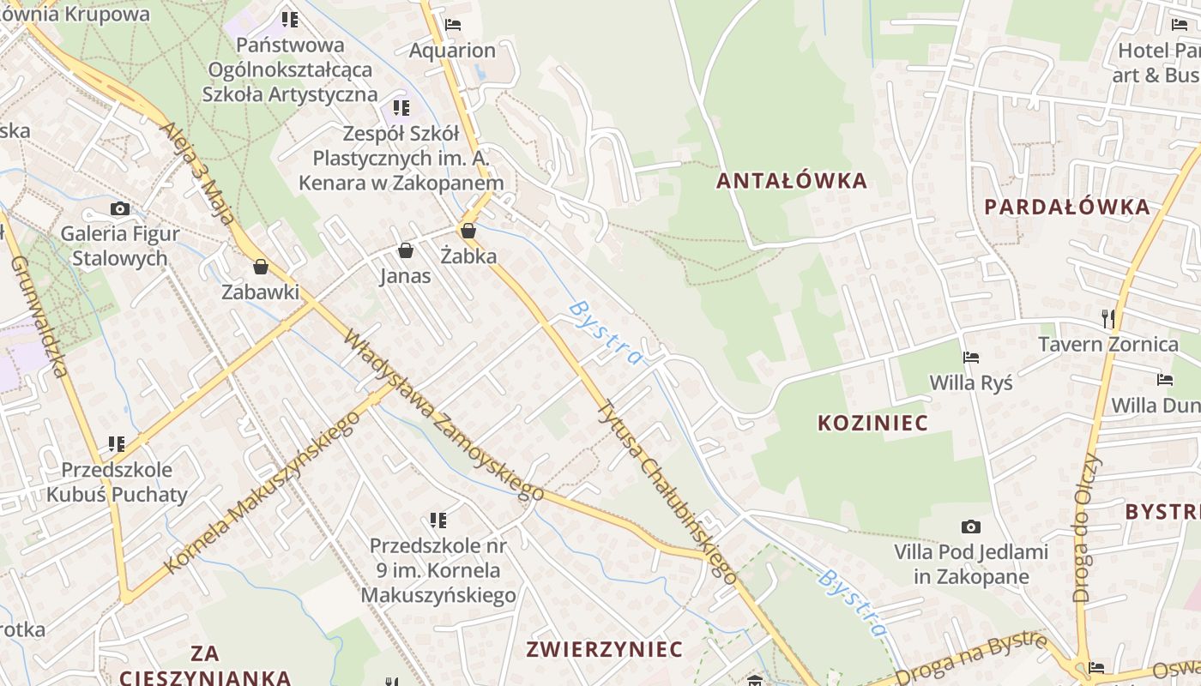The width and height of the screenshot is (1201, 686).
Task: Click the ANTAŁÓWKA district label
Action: pos(792,181)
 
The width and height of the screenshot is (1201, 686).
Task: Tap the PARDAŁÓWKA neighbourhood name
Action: pos(1066,207)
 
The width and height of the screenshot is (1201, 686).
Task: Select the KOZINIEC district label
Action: pos(872,423)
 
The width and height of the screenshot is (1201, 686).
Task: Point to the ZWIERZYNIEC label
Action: pos(605,649)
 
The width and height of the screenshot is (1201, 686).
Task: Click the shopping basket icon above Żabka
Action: pos(468,230)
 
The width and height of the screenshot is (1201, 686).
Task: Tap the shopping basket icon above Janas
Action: pos(405,250)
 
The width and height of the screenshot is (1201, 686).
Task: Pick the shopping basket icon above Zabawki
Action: pos(261,267)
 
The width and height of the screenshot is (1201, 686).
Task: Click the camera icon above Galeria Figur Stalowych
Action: pos(120,208)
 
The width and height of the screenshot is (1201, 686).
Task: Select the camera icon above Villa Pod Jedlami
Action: pos(970,527)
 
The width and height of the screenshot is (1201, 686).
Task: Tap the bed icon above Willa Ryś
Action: pos(970,357)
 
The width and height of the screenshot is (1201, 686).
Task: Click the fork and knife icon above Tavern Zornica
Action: pos(1107,319)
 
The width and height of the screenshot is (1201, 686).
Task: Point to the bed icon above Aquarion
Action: pos(453,25)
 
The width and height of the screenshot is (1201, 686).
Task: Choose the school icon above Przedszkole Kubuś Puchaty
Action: pos(117,444)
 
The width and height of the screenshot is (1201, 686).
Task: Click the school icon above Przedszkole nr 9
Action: pos(438,520)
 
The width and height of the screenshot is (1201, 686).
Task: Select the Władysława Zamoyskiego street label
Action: pos(444,414)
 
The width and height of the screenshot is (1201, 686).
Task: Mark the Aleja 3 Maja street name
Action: pos(198,172)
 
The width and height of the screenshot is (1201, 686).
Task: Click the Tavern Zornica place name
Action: pos(1108,345)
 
